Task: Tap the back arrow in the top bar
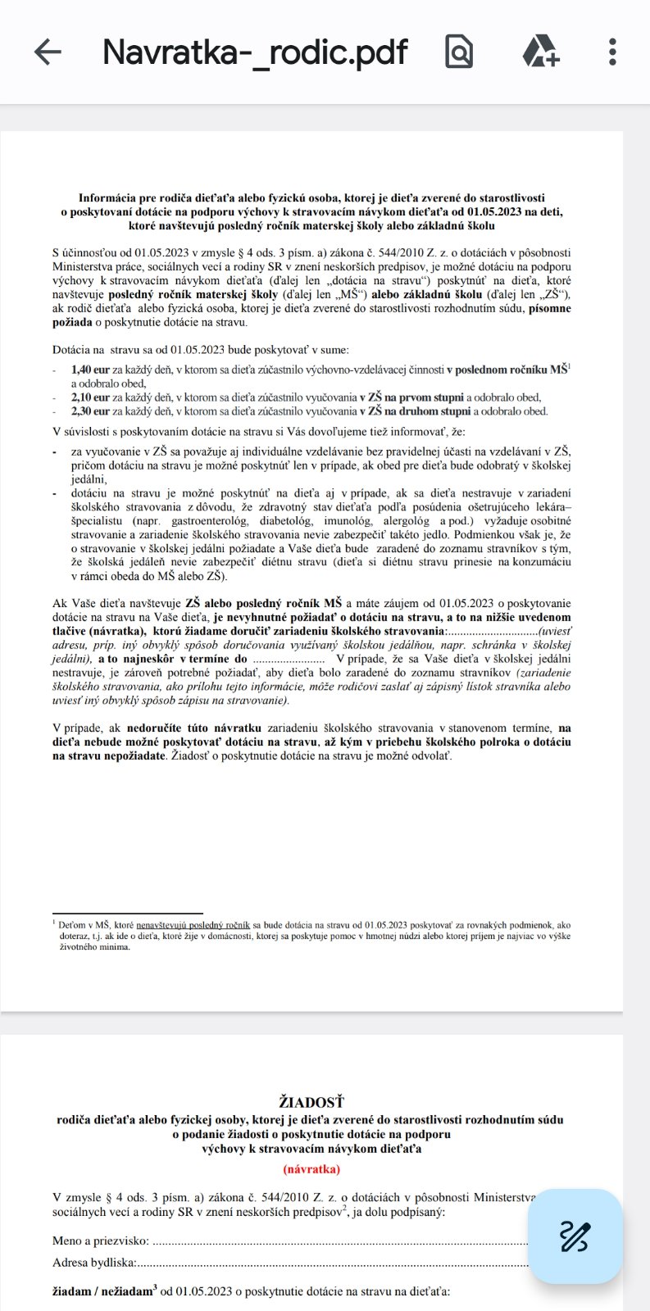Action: coord(48,52)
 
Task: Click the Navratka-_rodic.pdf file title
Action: coord(255,52)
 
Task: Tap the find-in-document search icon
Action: coord(460,52)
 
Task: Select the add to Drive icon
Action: coord(541,52)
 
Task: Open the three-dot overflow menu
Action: coord(611,52)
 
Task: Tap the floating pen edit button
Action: coord(575,1236)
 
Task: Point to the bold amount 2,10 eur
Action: coord(91,397)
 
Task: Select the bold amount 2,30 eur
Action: coord(91,411)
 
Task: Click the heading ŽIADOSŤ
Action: coord(311,1103)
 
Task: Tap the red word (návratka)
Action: coord(311,1169)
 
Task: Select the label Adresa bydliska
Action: coord(94,1263)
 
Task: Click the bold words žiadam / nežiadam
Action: coord(104,1292)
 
